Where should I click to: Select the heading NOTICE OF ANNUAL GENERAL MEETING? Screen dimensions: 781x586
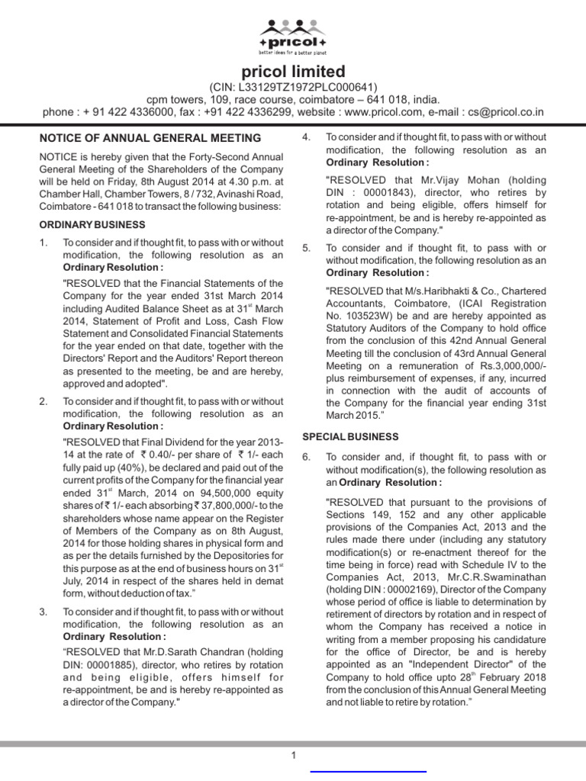150,138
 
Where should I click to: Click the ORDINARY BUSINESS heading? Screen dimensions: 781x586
93,224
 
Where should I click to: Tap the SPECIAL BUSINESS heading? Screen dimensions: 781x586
350,436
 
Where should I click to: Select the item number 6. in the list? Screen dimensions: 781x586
306,457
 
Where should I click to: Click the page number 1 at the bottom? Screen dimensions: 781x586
292,755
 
